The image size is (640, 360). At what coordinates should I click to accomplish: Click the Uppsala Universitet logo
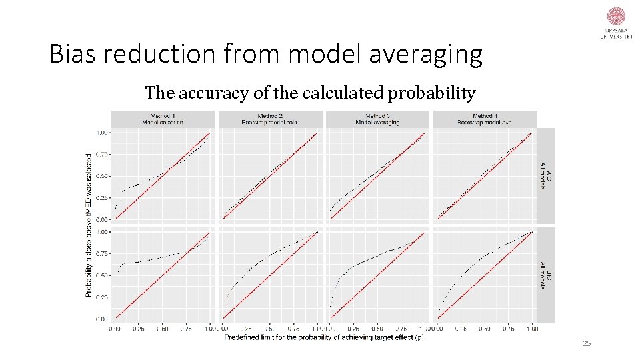(x=616, y=24)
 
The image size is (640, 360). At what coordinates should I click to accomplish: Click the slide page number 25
(x=587, y=343)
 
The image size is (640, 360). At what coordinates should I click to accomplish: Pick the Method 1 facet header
(x=163, y=119)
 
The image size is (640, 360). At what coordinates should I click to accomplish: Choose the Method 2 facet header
(x=270, y=119)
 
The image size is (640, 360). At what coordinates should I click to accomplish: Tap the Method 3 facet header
(x=377, y=119)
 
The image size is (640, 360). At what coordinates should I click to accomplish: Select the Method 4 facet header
(x=485, y=119)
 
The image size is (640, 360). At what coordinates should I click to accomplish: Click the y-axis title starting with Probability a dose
(x=89, y=225)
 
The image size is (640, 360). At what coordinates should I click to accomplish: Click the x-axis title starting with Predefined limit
(x=323, y=337)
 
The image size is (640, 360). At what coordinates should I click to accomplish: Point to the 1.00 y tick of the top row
(x=102, y=132)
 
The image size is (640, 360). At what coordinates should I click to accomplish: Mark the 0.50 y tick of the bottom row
(x=102, y=275)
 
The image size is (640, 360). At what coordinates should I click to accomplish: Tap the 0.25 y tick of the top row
(x=102, y=197)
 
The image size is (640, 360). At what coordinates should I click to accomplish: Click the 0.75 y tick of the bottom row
(x=102, y=253)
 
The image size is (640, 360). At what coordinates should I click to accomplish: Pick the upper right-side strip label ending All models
(x=545, y=176)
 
